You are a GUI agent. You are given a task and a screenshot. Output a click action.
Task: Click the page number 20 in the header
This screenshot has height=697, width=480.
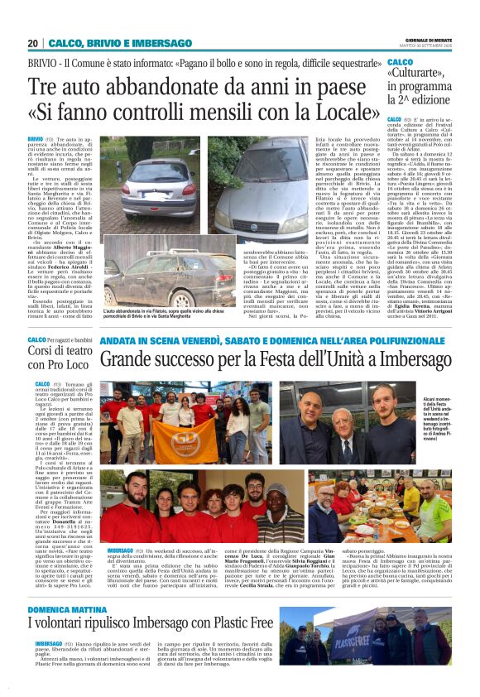[33, 43]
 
